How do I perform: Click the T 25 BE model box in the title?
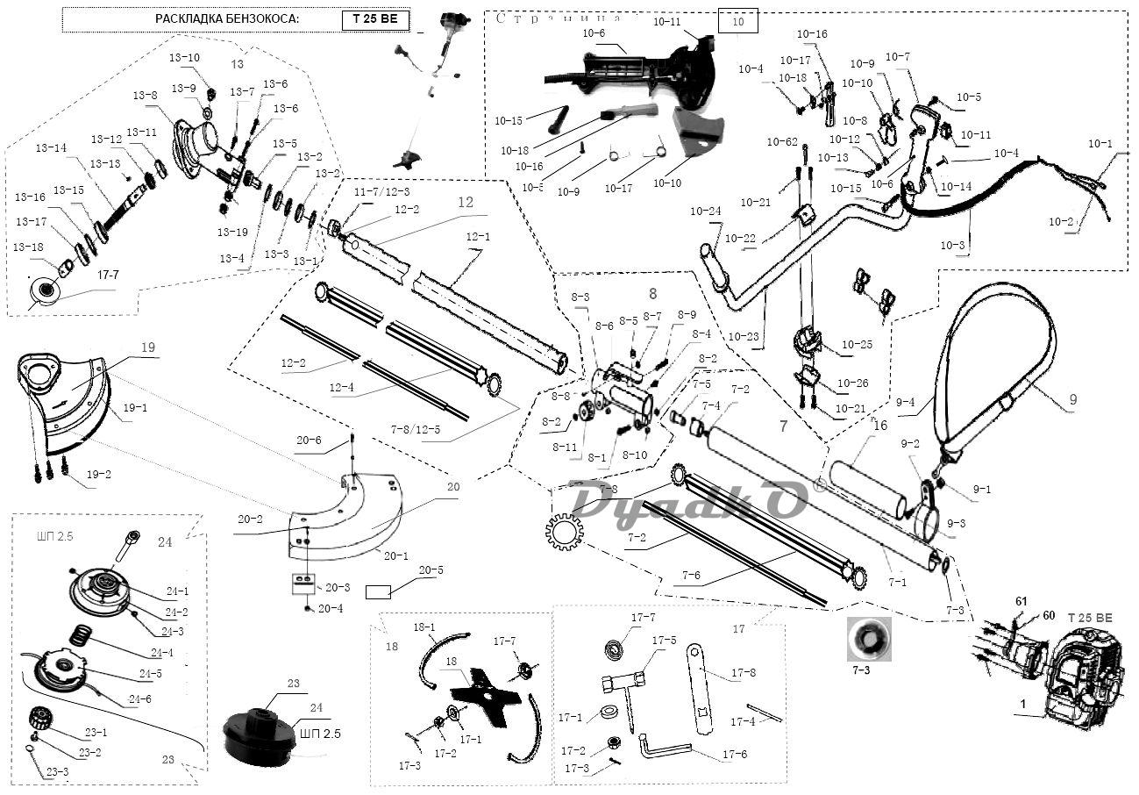(375, 19)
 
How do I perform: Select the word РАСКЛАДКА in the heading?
(187, 19)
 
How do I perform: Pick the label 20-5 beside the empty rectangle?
(431, 570)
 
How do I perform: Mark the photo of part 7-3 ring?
(867, 639)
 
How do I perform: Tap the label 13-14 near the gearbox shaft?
(51, 149)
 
